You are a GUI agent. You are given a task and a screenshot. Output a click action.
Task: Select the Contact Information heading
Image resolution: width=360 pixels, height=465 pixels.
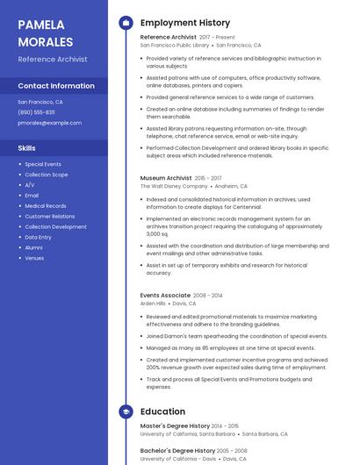pyautogui.click(x=56, y=86)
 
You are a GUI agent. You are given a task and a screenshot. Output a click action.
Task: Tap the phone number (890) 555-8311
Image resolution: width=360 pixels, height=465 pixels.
pyautogui.click(x=36, y=112)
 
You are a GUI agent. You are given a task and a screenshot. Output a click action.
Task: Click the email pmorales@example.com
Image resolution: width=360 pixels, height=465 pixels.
pyautogui.click(x=49, y=123)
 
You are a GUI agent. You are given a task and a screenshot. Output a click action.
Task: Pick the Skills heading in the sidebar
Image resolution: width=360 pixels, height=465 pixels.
pyautogui.click(x=26, y=148)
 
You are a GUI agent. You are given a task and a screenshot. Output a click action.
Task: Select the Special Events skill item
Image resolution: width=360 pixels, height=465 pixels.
pyautogui.click(x=43, y=164)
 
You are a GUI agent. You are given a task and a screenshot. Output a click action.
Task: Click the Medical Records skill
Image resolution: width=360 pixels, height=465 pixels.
pyautogui.click(x=45, y=206)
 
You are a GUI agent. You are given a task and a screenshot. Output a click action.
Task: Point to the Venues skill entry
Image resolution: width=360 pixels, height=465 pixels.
pyautogui.click(x=34, y=258)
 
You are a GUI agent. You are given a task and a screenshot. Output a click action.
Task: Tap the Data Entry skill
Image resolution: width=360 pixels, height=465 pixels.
pyautogui.click(x=38, y=237)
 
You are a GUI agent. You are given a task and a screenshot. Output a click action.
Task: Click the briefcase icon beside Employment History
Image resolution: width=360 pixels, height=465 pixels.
pyautogui.click(x=126, y=23)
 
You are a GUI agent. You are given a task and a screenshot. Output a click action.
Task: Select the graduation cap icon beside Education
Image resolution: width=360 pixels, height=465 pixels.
pyautogui.click(x=126, y=411)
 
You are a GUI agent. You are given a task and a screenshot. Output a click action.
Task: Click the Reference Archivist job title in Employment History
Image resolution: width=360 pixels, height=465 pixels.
pyautogui.click(x=169, y=37)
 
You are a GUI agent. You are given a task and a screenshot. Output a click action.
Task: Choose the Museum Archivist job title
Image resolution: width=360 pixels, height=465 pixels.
pyautogui.click(x=166, y=178)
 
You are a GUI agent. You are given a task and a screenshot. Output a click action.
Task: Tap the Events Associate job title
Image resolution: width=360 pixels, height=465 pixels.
pyautogui.click(x=165, y=296)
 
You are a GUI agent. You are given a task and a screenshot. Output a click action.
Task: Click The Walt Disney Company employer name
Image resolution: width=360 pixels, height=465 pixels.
pyautogui.click(x=174, y=186)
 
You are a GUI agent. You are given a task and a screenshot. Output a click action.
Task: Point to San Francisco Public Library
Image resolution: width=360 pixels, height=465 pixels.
pyautogui.click(x=175, y=45)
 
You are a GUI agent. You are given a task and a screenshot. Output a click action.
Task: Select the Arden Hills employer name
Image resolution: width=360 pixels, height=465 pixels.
pyautogui.click(x=153, y=304)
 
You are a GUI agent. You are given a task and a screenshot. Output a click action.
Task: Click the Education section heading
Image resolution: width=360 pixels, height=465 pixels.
pyautogui.click(x=162, y=411)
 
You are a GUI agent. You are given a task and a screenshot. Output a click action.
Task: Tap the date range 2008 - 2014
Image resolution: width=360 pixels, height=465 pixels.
pyautogui.click(x=208, y=296)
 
